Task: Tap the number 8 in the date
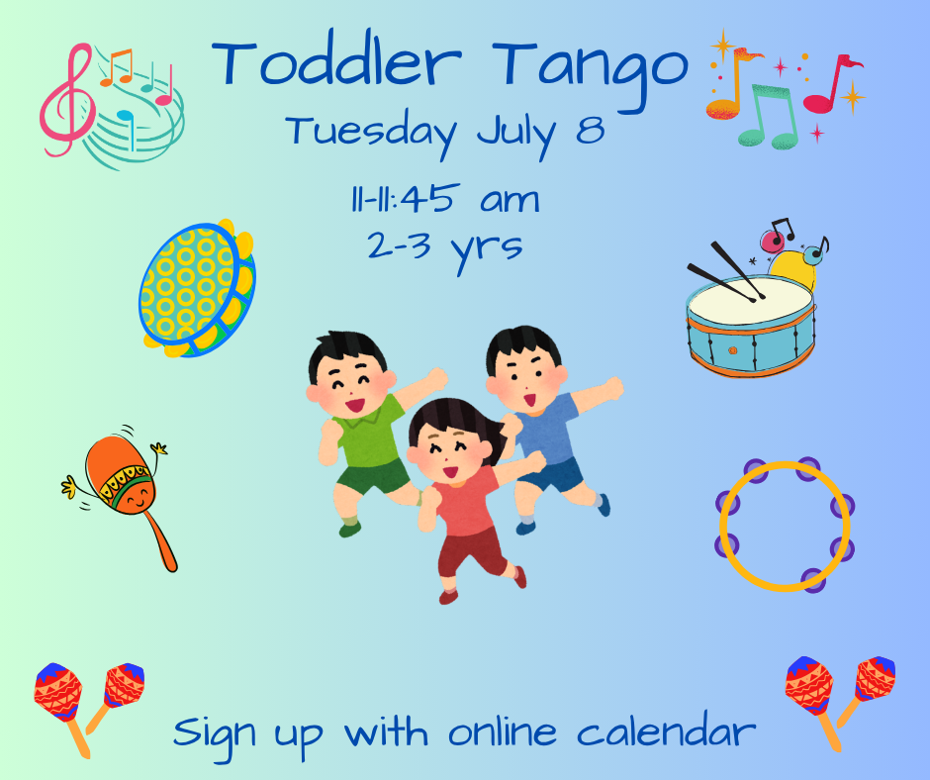point(589,132)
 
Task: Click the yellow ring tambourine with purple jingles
point(785,525)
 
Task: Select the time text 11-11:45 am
point(443,199)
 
